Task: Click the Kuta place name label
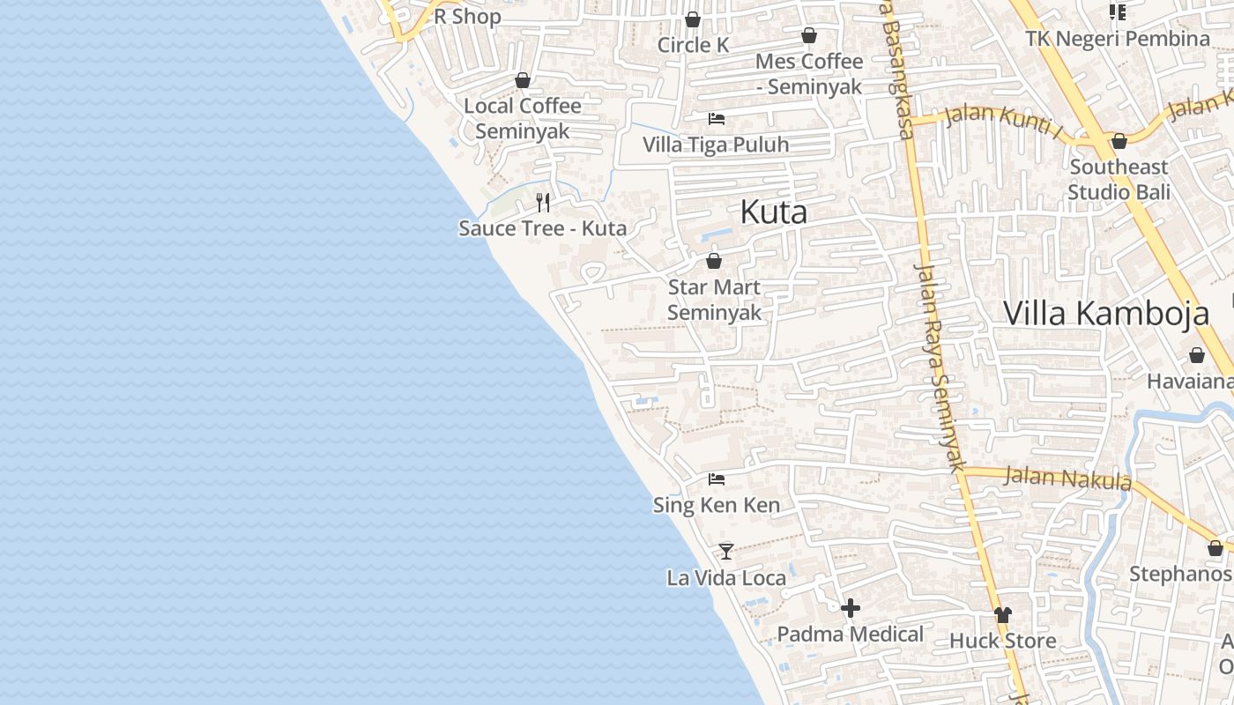(773, 212)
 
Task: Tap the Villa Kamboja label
(1106, 314)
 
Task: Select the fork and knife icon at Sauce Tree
(543, 203)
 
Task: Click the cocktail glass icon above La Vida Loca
(726, 552)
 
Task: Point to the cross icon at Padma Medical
(851, 608)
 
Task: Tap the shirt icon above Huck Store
(1002, 614)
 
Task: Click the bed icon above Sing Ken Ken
(717, 479)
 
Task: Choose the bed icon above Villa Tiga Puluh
(717, 118)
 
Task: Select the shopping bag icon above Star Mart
(714, 261)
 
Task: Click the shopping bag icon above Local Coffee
(523, 80)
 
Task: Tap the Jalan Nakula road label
(1067, 479)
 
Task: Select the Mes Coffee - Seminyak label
(808, 74)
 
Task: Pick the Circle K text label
(693, 45)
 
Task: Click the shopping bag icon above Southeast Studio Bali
(1119, 141)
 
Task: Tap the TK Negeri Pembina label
(1118, 39)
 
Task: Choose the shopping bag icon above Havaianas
(1197, 355)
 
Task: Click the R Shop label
(467, 17)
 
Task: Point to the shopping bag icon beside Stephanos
(1215, 548)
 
